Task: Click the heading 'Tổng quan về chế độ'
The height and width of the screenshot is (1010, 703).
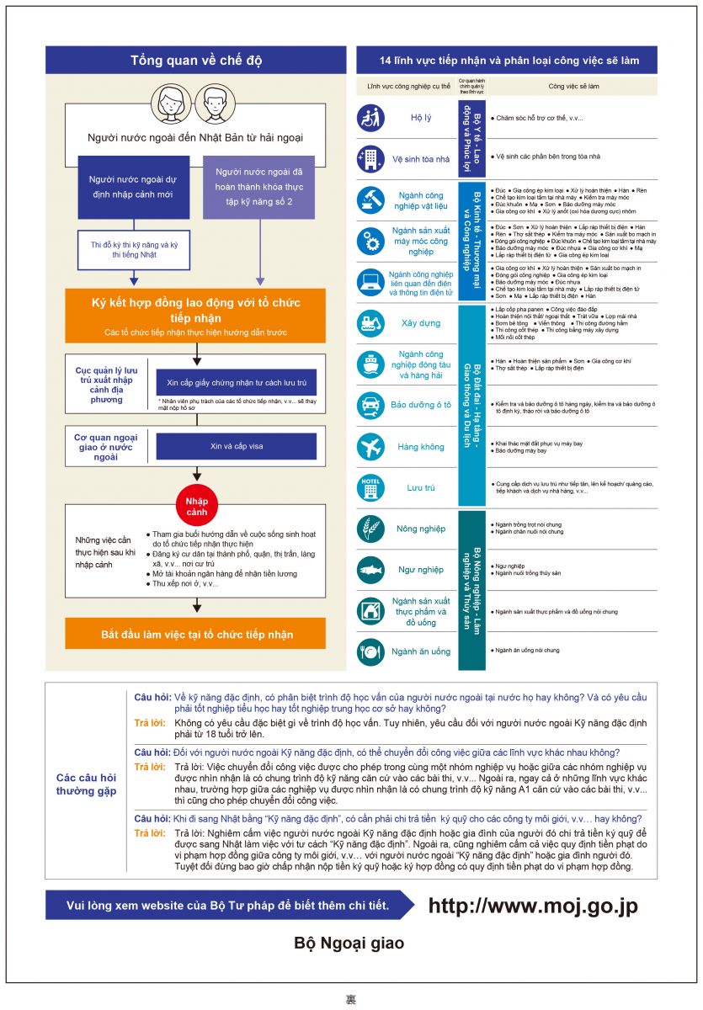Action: (195, 61)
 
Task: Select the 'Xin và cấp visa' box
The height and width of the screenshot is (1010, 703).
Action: (236, 446)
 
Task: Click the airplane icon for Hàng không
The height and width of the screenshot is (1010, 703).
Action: (370, 447)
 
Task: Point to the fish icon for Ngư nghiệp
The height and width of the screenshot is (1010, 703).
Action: (370, 570)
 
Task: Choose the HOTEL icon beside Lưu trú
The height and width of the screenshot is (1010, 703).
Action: (370, 487)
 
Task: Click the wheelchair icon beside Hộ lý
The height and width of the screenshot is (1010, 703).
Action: (370, 118)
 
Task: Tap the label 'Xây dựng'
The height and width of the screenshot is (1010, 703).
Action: (421, 323)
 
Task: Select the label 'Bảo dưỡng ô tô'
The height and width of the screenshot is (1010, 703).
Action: (421, 405)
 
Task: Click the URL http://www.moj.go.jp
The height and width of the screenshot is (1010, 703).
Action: (533, 906)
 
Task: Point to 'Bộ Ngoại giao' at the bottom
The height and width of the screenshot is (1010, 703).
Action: (349, 944)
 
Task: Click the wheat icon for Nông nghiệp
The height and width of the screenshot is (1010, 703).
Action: (370, 529)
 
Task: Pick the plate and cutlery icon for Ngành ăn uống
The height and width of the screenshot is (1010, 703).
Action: (370, 651)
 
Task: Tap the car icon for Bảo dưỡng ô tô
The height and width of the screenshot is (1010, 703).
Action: (370, 405)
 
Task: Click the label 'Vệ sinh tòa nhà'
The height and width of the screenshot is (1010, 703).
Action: (421, 158)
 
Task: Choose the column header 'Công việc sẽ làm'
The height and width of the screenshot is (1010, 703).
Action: (574, 86)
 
